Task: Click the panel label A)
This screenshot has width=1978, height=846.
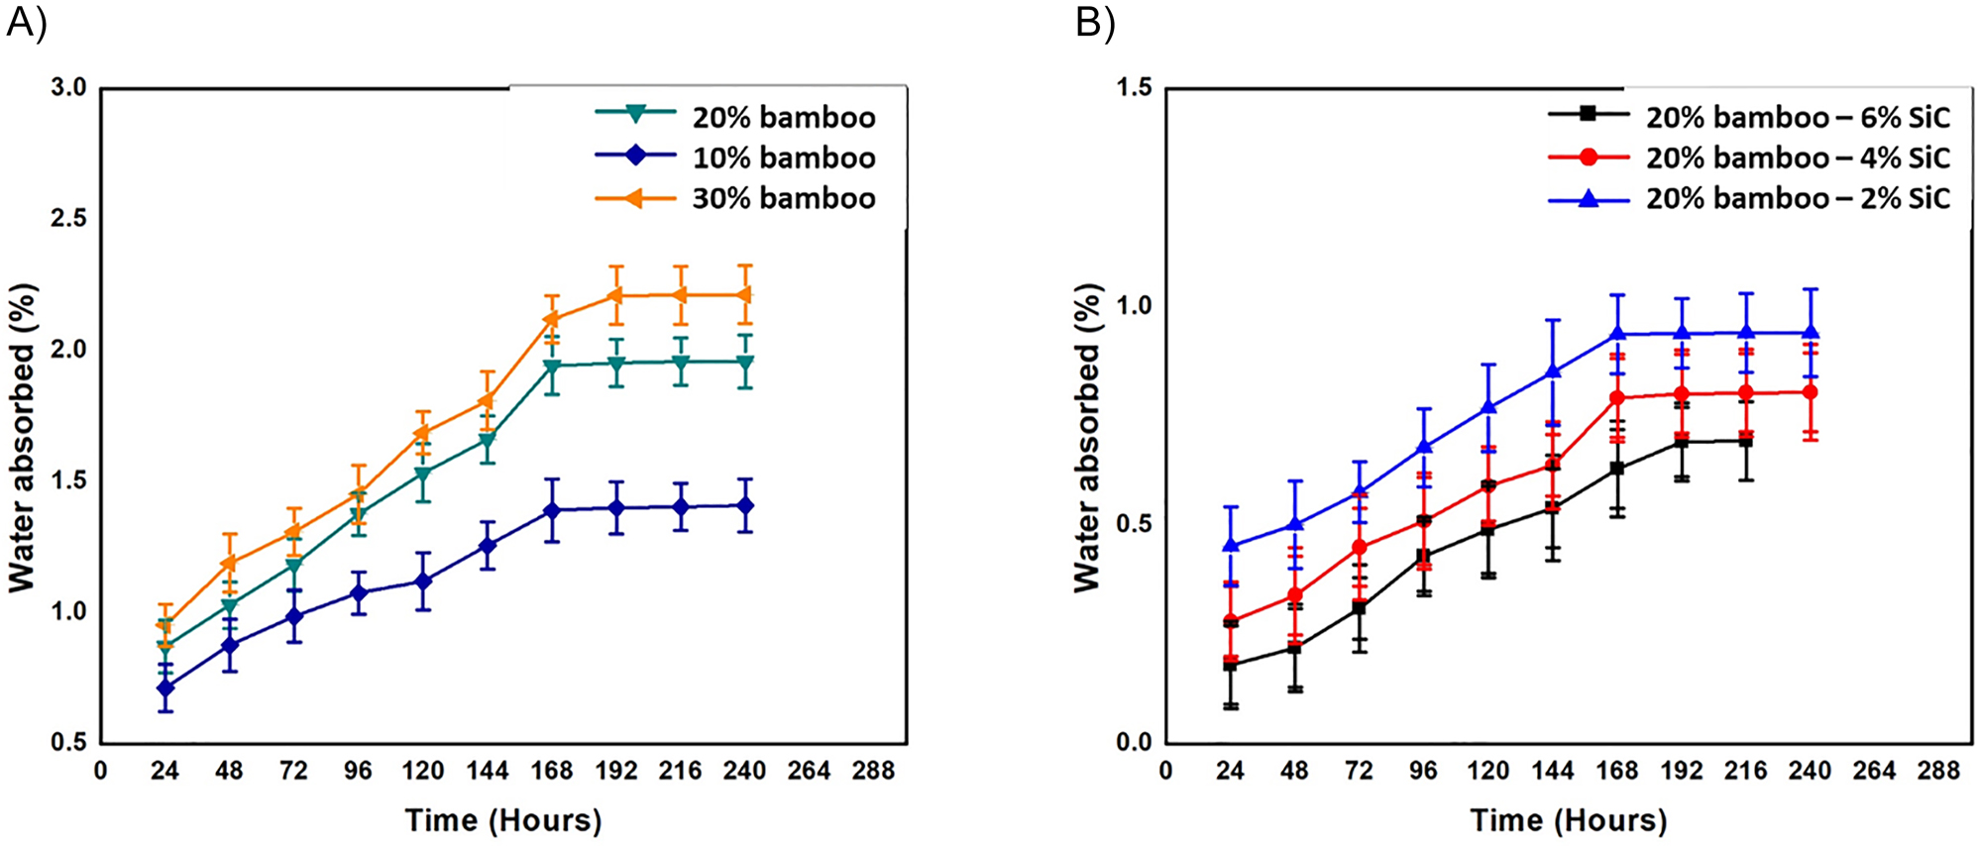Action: click(x=26, y=22)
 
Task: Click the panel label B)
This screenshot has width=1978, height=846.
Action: click(x=1095, y=22)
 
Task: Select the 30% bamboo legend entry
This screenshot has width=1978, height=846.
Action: click(x=783, y=198)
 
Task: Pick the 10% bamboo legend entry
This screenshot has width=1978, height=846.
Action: click(x=783, y=158)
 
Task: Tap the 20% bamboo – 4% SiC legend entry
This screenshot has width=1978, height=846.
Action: click(x=1797, y=158)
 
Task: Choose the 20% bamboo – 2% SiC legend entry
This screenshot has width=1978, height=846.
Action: click(x=1797, y=198)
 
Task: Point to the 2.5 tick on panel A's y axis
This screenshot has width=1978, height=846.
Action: click(x=68, y=218)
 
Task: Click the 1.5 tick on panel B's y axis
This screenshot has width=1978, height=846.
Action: click(x=1135, y=87)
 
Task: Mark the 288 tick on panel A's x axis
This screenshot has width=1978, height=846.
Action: click(x=873, y=771)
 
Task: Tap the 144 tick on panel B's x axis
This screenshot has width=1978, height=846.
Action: click(x=1552, y=771)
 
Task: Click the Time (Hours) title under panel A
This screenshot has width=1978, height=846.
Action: click(x=502, y=820)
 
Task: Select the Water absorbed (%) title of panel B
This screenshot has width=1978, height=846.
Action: click(x=1088, y=438)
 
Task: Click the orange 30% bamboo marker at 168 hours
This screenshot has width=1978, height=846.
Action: click(x=552, y=318)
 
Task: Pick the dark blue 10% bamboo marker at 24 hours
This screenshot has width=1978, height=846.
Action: click(x=165, y=687)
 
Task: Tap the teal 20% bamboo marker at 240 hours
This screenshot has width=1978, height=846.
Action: click(x=745, y=362)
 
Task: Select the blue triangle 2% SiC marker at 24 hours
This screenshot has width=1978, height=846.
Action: click(x=1231, y=545)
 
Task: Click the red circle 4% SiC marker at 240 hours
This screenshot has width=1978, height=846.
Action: click(x=1810, y=392)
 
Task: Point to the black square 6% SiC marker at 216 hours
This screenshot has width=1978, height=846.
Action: click(x=1745, y=441)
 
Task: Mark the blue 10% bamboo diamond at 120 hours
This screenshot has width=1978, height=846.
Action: click(x=423, y=581)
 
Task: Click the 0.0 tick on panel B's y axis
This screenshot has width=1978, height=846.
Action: click(x=1135, y=742)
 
